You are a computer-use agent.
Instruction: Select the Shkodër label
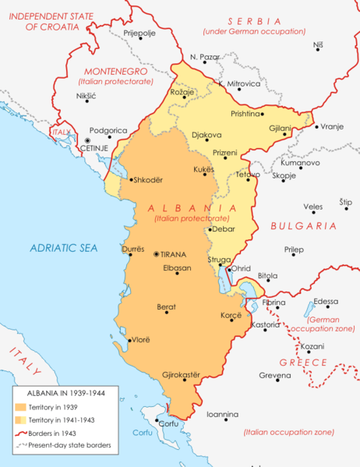click(x=149, y=180)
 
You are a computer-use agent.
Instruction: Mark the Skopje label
click(x=284, y=175)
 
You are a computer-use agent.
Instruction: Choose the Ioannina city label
click(x=222, y=414)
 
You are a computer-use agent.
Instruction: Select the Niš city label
click(x=317, y=44)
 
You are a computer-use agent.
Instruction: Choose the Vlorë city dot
click(x=129, y=340)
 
